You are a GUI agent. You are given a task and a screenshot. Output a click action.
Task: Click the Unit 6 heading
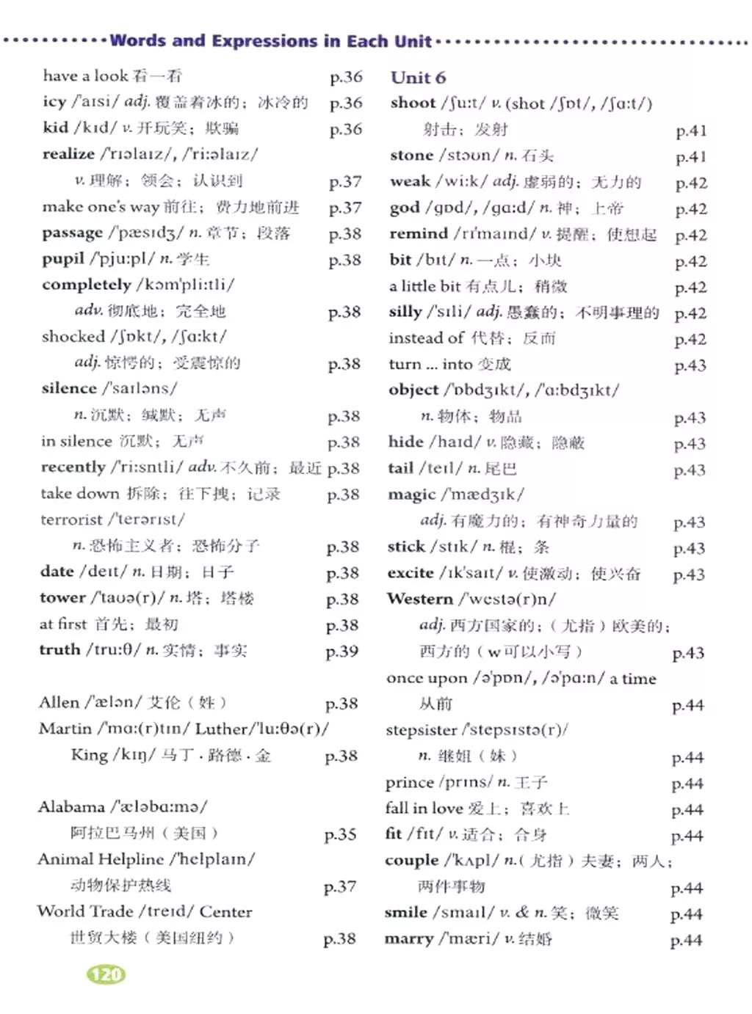pyautogui.click(x=418, y=78)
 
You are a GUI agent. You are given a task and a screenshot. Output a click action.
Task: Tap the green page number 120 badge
pyautogui.click(x=106, y=974)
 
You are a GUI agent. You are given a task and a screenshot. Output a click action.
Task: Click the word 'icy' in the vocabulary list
pyautogui.click(x=54, y=102)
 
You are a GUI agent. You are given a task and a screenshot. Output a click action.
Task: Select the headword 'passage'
pyautogui.click(x=72, y=233)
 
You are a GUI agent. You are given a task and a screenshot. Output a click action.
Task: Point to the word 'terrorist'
pyautogui.click(x=71, y=519)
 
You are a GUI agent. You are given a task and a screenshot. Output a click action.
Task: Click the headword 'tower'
pyautogui.click(x=62, y=598)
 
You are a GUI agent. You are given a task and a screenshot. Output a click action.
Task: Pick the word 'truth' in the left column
pyautogui.click(x=59, y=649)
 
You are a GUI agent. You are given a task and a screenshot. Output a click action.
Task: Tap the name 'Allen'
pyautogui.click(x=59, y=702)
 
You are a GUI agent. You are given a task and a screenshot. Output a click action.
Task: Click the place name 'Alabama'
pyautogui.click(x=71, y=807)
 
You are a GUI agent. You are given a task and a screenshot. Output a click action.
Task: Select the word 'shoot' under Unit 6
pyautogui.click(x=413, y=103)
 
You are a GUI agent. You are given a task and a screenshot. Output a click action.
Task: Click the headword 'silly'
pyautogui.click(x=405, y=312)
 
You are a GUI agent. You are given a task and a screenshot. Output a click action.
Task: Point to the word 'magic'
pyautogui.click(x=411, y=495)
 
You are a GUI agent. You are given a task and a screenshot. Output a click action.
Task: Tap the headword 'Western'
pyautogui.click(x=420, y=599)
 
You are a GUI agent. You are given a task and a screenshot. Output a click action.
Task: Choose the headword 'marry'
pyautogui.click(x=409, y=939)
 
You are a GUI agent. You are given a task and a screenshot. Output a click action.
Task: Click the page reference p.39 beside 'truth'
pyautogui.click(x=342, y=651)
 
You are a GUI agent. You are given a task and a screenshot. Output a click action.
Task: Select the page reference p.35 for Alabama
pyautogui.click(x=340, y=834)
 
